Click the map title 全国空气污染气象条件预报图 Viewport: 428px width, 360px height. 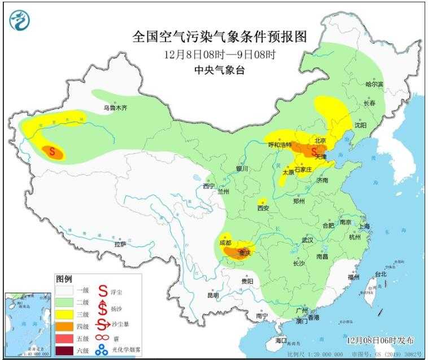[220, 37]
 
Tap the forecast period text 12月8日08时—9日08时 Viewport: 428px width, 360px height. [221, 55]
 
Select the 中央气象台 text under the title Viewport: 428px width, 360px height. [220, 70]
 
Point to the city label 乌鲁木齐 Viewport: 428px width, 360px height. [116, 107]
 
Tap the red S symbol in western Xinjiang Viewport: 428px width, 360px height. [53, 151]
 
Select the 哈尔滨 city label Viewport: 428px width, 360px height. [374, 84]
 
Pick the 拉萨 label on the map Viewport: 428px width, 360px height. [120, 244]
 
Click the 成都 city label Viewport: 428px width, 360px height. [226, 243]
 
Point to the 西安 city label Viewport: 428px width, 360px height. [263, 208]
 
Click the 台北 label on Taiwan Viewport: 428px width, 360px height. [382, 275]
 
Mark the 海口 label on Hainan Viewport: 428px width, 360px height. [281, 341]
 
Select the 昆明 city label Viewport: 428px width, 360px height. [212, 295]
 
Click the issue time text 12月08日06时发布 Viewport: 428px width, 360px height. [381, 341]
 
